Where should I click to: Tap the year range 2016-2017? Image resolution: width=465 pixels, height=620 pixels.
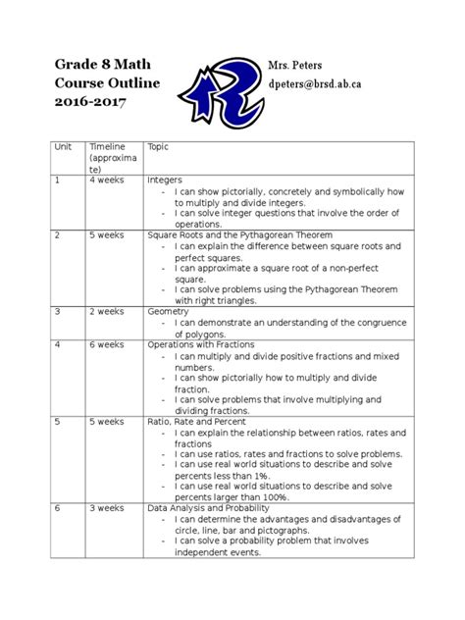pos(90,102)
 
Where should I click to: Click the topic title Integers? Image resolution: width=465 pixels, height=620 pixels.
pos(166,181)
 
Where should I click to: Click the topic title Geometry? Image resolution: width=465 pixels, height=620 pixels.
pos(168,312)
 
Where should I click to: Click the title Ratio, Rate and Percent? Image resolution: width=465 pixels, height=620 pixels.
pos(202,422)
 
